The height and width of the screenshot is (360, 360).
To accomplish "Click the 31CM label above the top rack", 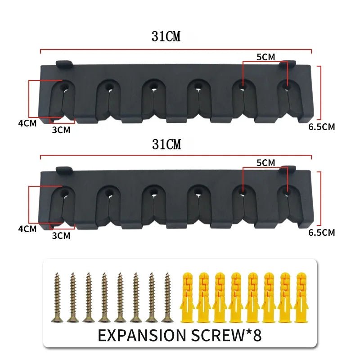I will point(166,37).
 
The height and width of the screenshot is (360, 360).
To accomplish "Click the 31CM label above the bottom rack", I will point(166,144).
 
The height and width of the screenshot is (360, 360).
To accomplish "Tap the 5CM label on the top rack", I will point(266,57).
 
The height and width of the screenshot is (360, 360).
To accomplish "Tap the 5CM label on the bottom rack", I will point(266,163).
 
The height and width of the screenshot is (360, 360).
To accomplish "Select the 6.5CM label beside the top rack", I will point(321,127).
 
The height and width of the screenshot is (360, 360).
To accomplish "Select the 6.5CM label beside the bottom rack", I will point(321,233).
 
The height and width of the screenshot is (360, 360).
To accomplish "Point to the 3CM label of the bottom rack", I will point(61,236).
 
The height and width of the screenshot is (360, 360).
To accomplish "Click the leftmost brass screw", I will point(57,297).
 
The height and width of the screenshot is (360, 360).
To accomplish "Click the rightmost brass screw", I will point(167,297).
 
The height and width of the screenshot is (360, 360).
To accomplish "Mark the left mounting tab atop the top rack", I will point(64,63).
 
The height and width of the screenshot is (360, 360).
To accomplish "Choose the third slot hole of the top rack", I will point(153,85).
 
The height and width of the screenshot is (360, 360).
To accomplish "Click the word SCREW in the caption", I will point(222,335).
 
